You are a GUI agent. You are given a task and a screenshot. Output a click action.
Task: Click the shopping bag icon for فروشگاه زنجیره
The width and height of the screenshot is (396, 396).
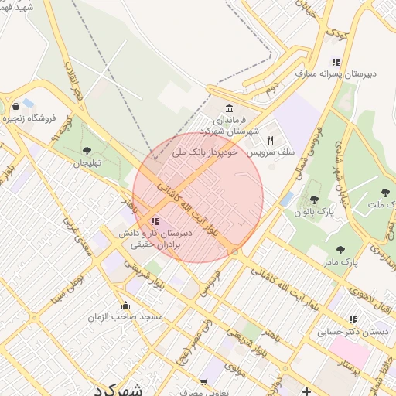(16, 106)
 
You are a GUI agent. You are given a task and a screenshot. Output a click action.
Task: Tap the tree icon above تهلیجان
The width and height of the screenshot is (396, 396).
(86, 151)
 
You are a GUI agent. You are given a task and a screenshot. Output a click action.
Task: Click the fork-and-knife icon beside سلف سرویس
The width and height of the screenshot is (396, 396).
(270, 140)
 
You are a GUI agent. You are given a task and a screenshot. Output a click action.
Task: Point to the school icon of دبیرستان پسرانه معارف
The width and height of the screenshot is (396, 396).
(336, 62)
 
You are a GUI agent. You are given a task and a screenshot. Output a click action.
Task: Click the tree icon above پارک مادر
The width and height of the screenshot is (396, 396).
(340, 249)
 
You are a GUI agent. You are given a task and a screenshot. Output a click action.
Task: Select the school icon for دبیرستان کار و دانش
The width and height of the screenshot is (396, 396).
(154, 222)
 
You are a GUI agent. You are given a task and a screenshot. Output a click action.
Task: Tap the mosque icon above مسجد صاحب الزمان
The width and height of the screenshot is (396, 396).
(126, 305)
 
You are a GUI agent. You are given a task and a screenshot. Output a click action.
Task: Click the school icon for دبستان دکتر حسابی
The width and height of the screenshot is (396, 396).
(353, 319)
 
